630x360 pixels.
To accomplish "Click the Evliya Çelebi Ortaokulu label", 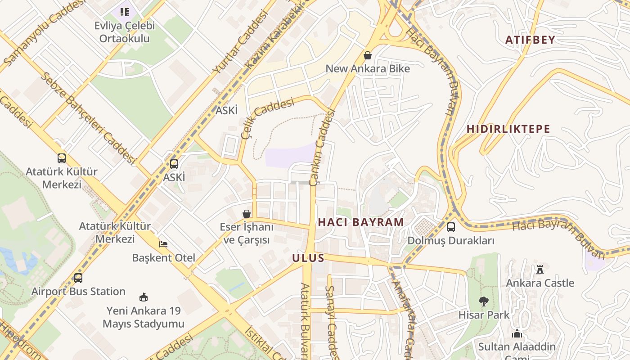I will pyautogui.click(x=124, y=32).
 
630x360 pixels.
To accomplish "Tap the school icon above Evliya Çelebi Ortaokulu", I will pyautogui.click(x=124, y=12).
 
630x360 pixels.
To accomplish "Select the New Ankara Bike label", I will pyautogui.click(x=368, y=69).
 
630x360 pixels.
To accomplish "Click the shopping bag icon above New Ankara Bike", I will pyautogui.click(x=368, y=55).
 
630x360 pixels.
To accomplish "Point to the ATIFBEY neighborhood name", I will pyautogui.click(x=530, y=40).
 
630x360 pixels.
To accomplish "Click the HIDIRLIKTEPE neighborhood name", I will pyautogui.click(x=508, y=129).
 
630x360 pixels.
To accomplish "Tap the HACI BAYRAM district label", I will pyautogui.click(x=361, y=222).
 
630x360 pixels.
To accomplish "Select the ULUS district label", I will pyautogui.click(x=308, y=258).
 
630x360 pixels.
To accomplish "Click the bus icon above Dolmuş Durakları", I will pyautogui.click(x=450, y=227).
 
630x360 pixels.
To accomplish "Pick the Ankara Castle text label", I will pyautogui.click(x=540, y=283).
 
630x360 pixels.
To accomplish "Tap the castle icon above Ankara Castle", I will pyautogui.click(x=540, y=270).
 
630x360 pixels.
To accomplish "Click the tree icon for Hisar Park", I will pyautogui.click(x=484, y=301).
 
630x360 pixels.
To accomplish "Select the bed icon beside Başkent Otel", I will pyautogui.click(x=163, y=244).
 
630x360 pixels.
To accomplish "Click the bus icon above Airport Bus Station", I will pyautogui.click(x=78, y=278).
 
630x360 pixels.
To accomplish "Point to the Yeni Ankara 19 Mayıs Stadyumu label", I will pyautogui.click(x=144, y=317).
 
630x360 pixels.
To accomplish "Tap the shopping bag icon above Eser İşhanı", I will pyautogui.click(x=247, y=213).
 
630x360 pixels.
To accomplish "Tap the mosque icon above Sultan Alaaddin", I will pyautogui.click(x=517, y=333).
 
